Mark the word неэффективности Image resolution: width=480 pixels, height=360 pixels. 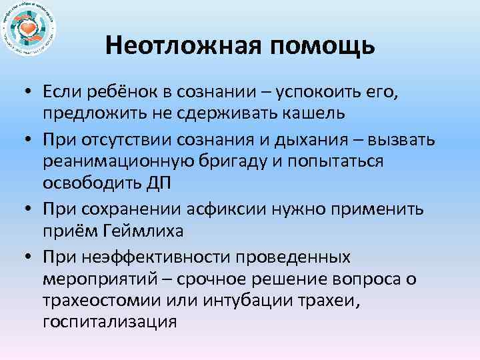pos(158,257)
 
